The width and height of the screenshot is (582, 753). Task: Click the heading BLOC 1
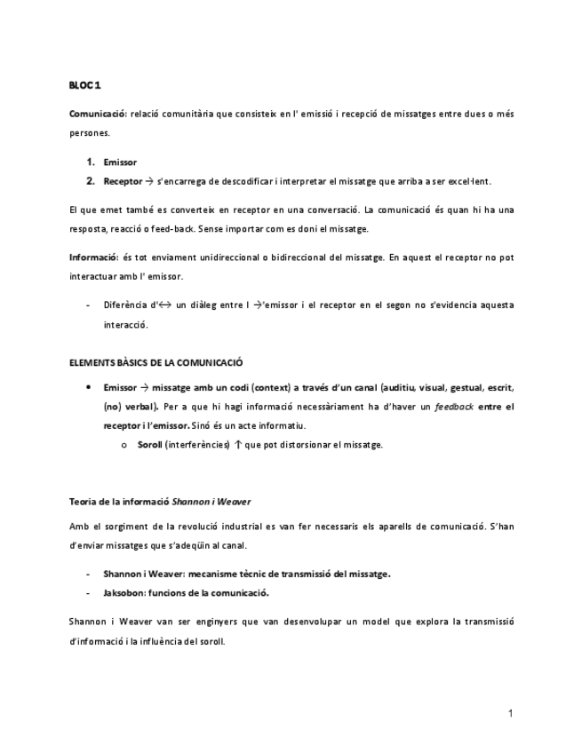pos(85,85)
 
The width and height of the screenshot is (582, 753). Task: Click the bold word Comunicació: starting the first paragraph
pos(98,115)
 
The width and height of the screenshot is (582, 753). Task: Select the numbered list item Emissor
pos(119,162)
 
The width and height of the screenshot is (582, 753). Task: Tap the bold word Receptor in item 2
pos(122,181)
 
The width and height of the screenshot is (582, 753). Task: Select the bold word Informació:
pos(94,258)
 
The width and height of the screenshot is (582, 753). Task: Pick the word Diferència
pos(126,305)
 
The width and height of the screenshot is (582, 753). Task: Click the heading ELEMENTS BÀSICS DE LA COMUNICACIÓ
pos(155,362)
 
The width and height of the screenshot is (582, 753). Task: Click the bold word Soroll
pos(149,444)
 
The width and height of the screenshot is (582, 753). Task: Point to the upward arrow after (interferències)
pos(237,444)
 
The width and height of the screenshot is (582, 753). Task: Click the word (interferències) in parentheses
pos(197,444)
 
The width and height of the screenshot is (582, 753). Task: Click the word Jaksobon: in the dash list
pos(125,592)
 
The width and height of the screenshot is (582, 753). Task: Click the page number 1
pos(511,713)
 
